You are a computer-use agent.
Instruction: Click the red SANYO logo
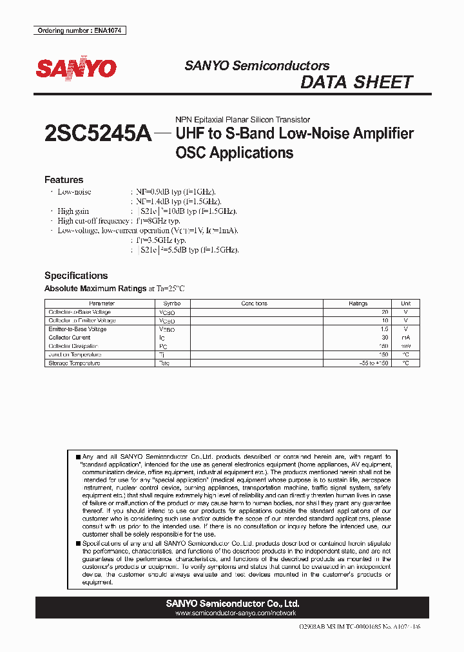[76, 68]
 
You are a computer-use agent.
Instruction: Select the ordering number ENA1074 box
[80, 31]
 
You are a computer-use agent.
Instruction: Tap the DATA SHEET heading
[356, 82]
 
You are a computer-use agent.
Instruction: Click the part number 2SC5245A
[98, 134]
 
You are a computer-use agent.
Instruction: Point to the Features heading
[63, 180]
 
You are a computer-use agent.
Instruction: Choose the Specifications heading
[75, 275]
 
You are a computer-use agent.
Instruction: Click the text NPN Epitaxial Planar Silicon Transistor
[243, 120]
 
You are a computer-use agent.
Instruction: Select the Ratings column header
[358, 303]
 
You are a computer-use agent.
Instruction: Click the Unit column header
[405, 303]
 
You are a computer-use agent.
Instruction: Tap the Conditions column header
[254, 303]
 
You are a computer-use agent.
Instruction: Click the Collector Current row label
[70, 338]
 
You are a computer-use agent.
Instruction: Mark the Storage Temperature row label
[74, 363]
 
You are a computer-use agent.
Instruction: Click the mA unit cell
[405, 338]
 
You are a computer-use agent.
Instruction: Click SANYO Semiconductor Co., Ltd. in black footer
[233, 604]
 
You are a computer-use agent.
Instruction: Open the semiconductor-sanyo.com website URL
[233, 613]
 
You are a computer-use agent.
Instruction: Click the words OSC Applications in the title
[235, 153]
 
